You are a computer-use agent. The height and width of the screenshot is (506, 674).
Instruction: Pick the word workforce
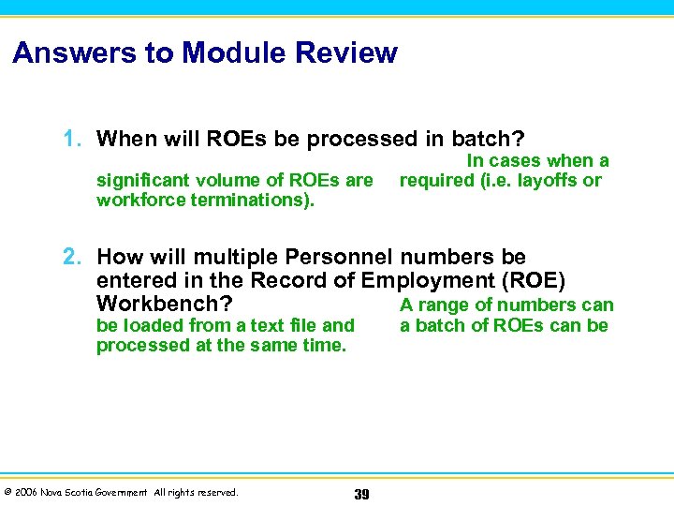137,201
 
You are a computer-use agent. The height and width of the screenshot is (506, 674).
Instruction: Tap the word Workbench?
165,305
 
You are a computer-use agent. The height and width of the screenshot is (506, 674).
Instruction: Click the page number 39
362,494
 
